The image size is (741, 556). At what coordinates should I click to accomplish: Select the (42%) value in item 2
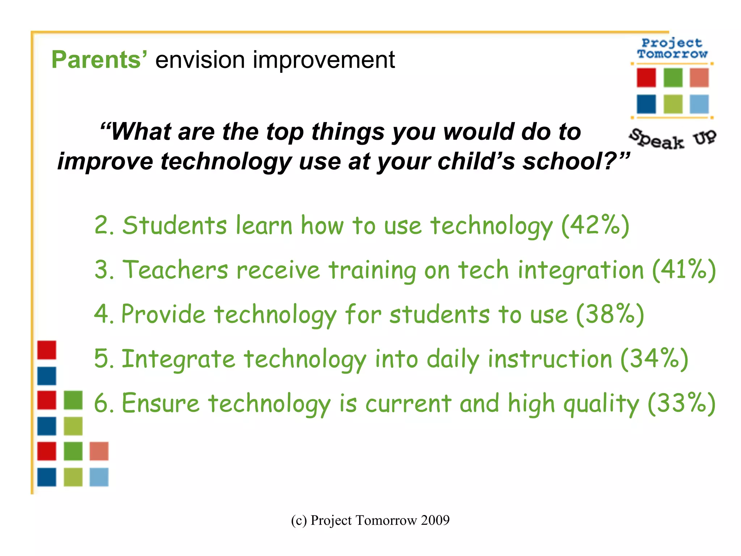[596, 225]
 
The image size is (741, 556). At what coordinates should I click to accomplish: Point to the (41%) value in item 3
[684, 270]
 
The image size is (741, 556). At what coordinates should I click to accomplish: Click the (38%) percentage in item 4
[610, 314]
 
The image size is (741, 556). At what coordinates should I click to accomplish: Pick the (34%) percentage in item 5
[654, 359]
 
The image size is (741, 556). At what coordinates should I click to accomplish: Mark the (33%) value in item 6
[682, 403]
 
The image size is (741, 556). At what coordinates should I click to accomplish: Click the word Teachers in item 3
[175, 270]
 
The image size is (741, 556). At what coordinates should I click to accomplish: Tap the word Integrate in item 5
[178, 359]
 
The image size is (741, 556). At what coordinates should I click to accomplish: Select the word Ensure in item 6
[160, 403]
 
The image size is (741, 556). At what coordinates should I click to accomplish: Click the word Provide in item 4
[163, 314]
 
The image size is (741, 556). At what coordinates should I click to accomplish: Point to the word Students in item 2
[174, 225]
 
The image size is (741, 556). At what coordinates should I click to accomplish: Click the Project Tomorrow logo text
[672, 49]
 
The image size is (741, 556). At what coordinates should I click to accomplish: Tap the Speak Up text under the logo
[672, 139]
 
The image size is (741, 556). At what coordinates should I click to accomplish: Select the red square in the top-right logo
[646, 77]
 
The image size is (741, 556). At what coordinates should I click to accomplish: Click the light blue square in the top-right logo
[699, 104]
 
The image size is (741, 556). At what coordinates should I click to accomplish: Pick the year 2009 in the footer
[435, 520]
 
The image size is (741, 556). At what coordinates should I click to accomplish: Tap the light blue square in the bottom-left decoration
[99, 477]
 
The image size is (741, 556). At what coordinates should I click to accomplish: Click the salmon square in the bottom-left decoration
[99, 451]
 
